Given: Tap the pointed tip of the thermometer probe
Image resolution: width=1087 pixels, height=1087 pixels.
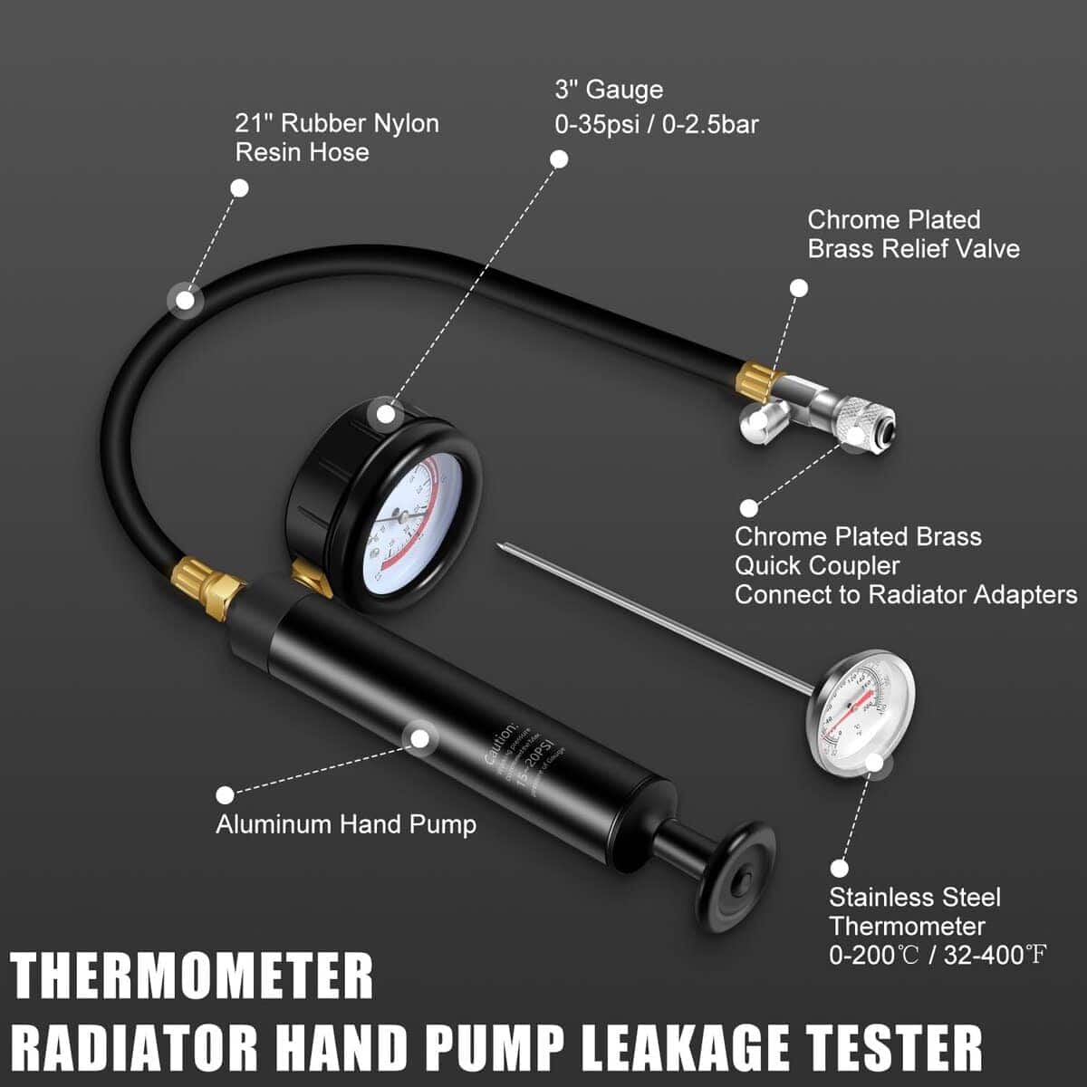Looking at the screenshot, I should click(501, 545).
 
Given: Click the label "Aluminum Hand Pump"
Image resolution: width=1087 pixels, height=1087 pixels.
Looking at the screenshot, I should click(345, 824).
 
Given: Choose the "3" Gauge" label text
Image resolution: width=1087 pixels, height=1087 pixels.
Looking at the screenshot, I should click(609, 91).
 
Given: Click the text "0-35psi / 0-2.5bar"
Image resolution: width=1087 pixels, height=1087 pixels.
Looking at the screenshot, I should click(656, 124).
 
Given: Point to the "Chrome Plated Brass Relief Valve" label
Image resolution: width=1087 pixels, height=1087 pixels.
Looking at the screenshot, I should click(913, 234).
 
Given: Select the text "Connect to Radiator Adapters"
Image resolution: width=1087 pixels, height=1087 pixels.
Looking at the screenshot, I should click(906, 595).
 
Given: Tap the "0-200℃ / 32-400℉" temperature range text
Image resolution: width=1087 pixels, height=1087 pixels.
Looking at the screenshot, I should click(938, 956).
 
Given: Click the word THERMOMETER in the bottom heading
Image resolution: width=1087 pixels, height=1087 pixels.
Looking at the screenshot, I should click(192, 976).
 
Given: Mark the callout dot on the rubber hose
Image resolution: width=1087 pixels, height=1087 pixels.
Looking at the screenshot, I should click(185, 300).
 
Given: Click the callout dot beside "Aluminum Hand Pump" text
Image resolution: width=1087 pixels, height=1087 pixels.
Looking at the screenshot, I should click(225, 795).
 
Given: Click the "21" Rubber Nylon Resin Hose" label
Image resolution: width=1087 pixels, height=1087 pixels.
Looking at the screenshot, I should click(336, 138).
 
